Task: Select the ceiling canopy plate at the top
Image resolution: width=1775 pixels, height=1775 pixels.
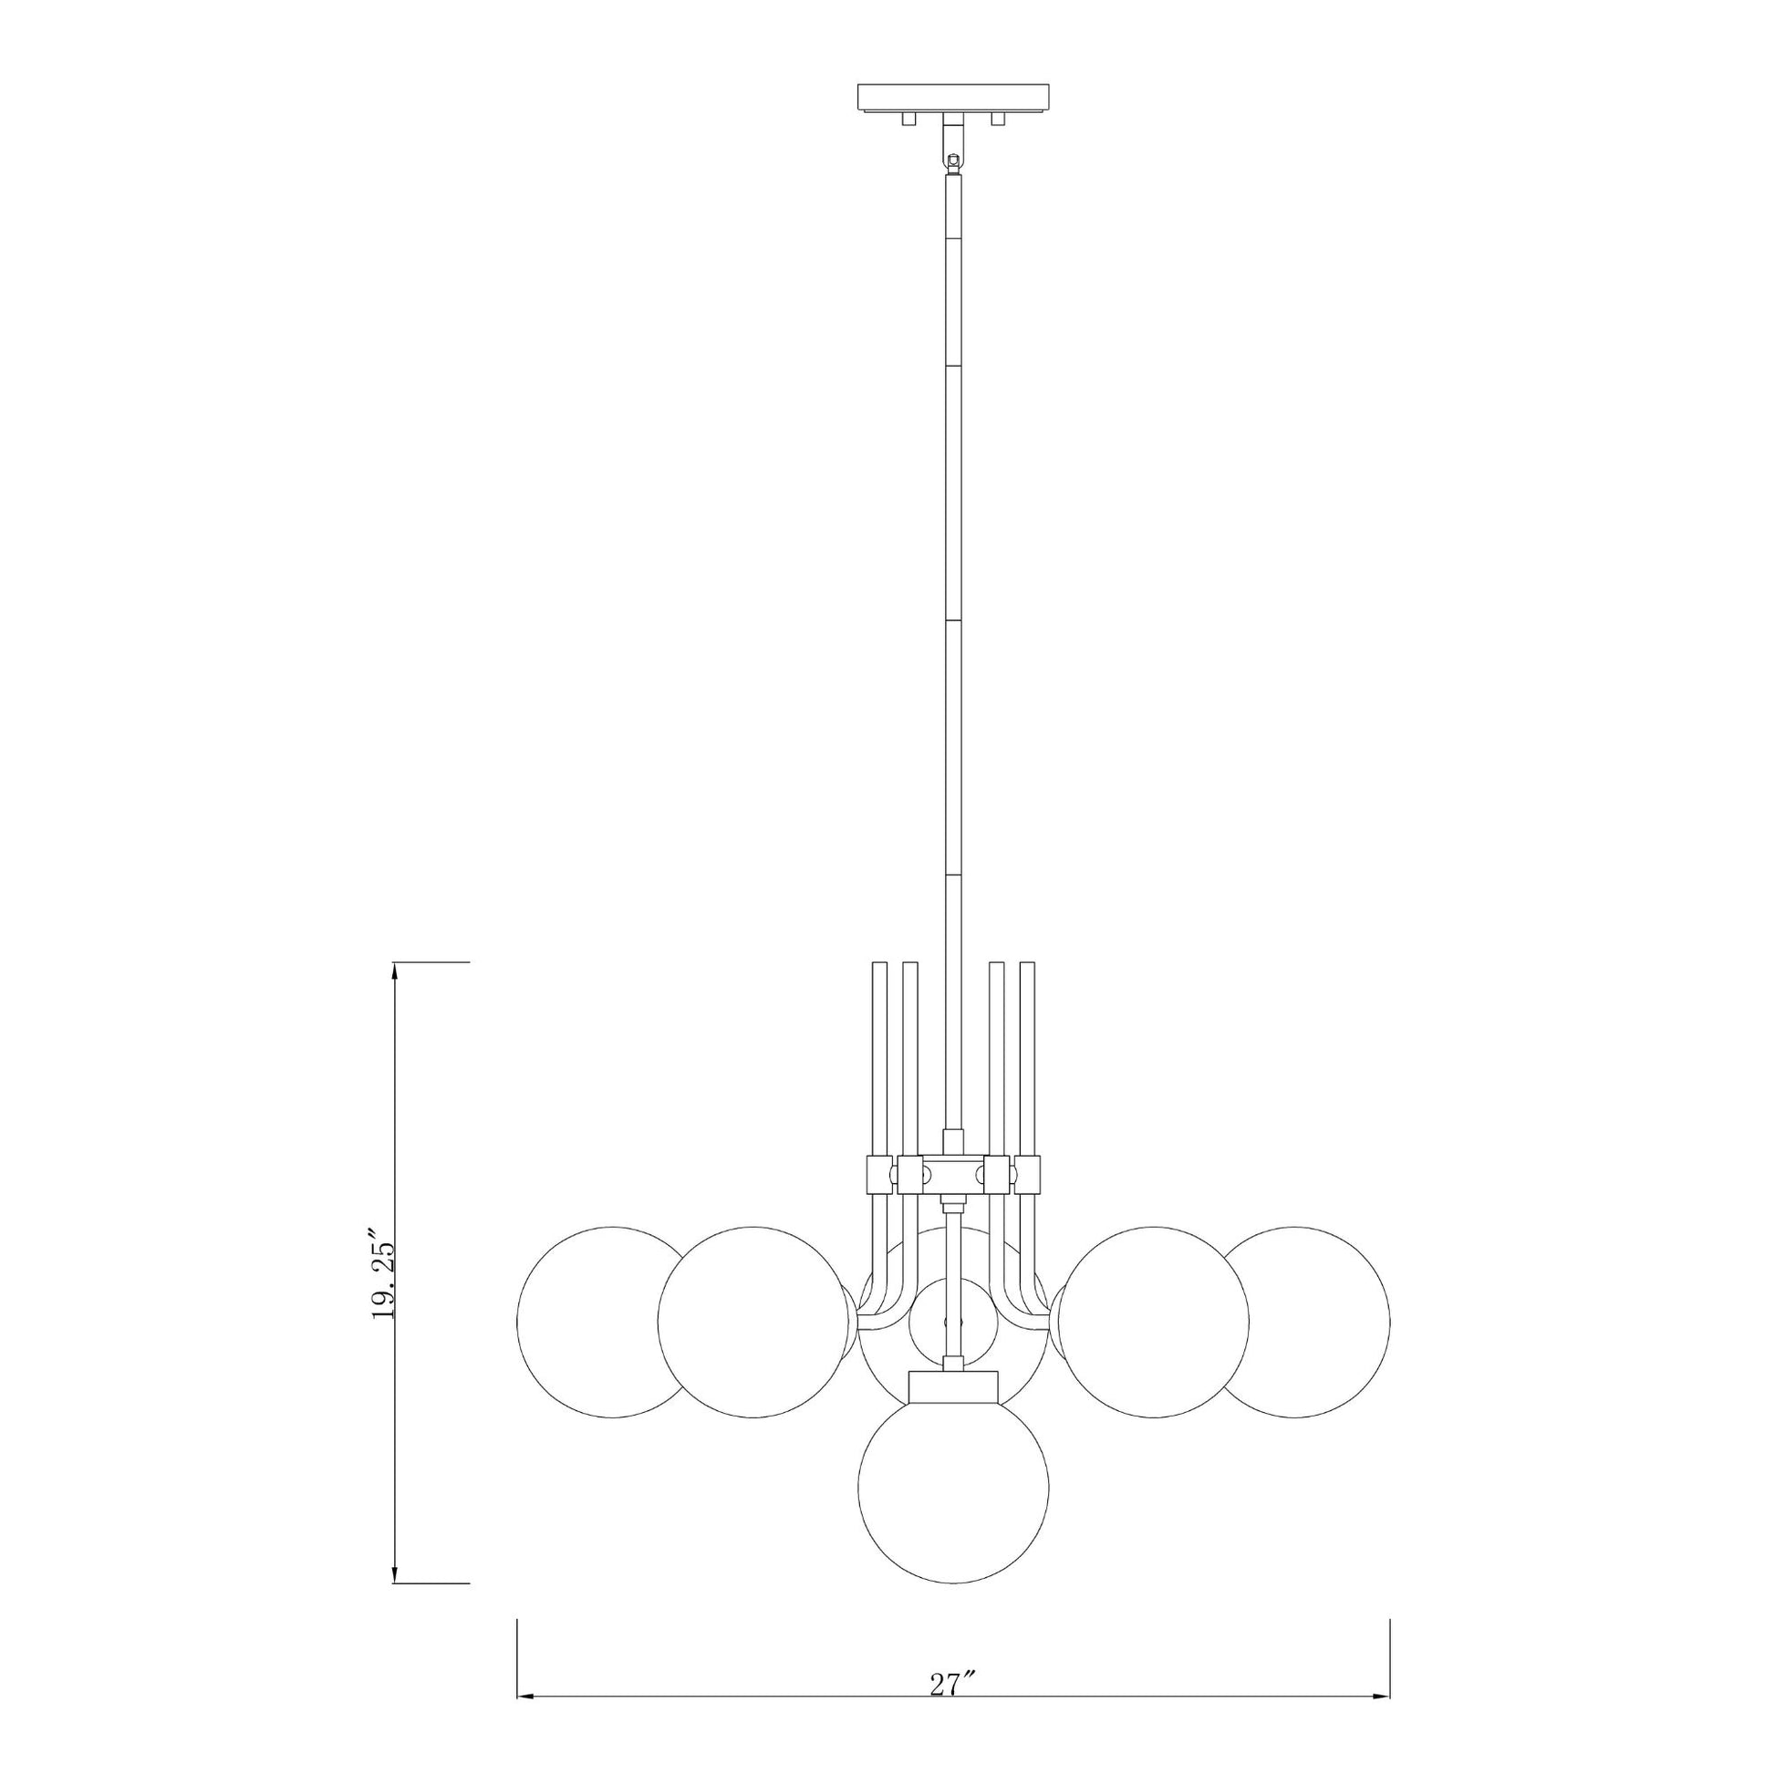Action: [955, 97]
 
